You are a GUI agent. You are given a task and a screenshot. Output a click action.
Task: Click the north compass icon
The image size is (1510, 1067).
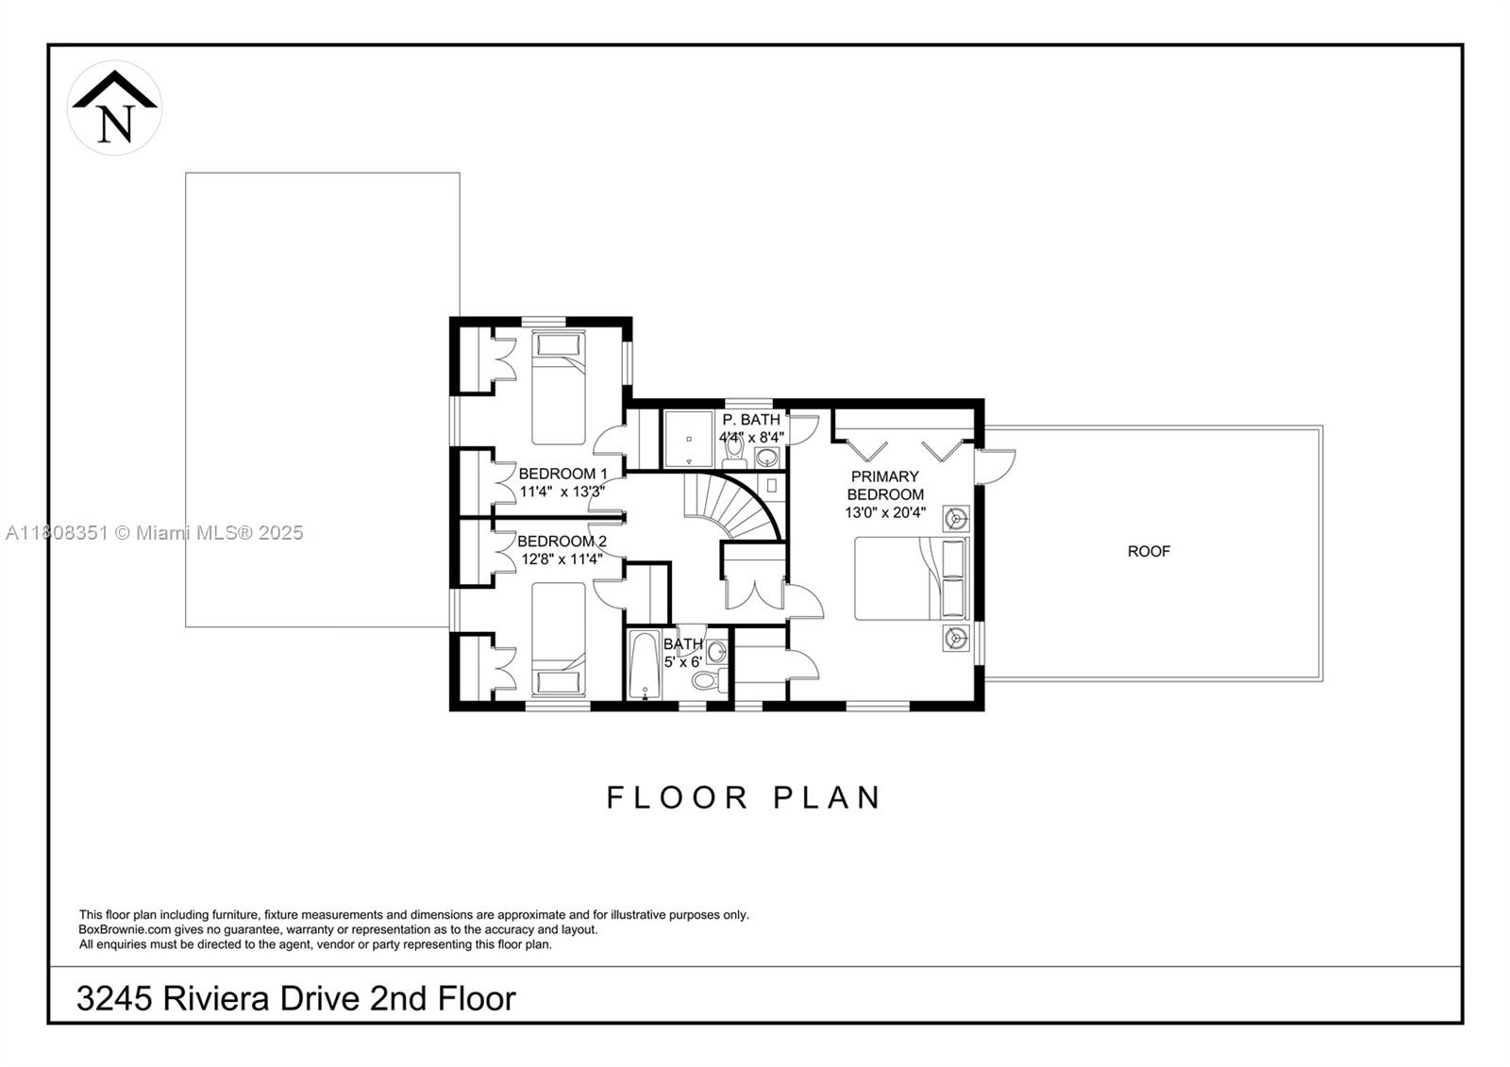click(114, 108)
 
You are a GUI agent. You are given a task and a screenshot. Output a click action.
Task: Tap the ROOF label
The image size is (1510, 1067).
click(1149, 551)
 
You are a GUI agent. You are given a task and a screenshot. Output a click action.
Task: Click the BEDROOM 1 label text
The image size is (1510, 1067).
click(562, 474)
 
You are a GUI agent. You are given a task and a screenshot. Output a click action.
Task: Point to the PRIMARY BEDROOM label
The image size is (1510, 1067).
click(884, 485)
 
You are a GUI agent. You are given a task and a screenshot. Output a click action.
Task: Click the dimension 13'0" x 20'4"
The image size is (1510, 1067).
click(885, 513)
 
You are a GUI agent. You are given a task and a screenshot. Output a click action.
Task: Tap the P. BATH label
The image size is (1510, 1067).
click(751, 420)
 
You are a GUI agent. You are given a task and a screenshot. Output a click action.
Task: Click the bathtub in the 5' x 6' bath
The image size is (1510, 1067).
click(645, 666)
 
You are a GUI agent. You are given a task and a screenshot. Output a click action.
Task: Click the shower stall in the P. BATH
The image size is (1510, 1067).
click(689, 439)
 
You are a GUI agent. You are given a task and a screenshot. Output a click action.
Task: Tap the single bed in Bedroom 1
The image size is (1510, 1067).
click(558, 387)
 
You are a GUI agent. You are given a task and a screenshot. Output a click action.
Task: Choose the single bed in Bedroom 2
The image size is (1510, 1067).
click(558, 640)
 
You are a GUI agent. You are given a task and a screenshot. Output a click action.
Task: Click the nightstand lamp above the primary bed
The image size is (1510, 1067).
click(956, 518)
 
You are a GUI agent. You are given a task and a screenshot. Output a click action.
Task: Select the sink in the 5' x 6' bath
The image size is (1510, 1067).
click(716, 651)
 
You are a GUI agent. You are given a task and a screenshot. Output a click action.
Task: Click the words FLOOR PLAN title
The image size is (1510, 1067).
click(743, 798)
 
